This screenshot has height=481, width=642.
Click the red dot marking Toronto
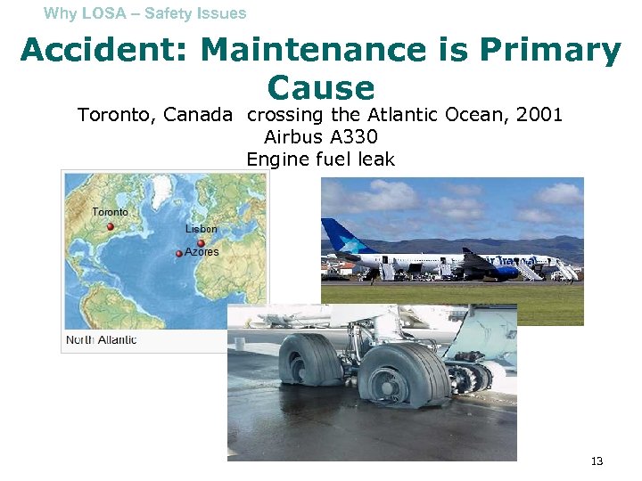(111, 227)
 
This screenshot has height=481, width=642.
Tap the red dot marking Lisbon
(202, 243)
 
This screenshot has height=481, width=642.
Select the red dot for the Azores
(179, 254)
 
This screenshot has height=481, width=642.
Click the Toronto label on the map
(110, 212)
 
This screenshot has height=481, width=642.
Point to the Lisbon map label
(201, 229)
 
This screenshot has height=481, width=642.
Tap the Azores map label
(202, 252)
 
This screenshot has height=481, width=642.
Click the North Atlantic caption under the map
(101, 339)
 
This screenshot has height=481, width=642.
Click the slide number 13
(597, 461)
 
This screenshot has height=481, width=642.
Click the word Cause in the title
(320, 87)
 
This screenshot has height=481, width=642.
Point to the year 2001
(538, 115)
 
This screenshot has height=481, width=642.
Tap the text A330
(354, 137)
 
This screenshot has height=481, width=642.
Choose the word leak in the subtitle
(374, 159)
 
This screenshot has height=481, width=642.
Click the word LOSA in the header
(103, 13)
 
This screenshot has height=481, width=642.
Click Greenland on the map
(178, 183)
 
